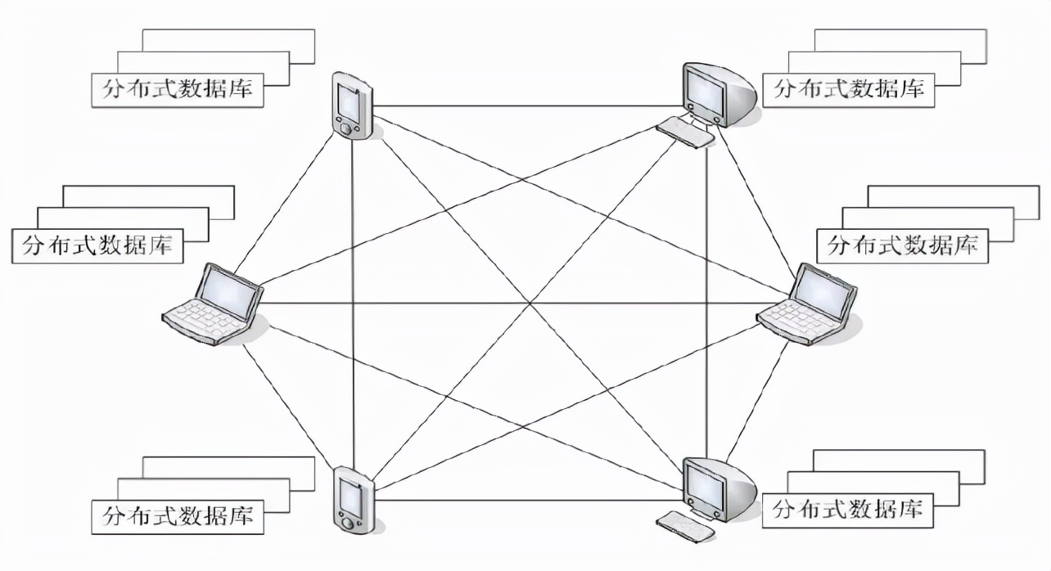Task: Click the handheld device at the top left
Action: point(352,106)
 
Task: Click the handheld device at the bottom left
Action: point(353,499)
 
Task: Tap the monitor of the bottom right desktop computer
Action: point(706,487)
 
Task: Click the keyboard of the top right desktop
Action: point(685,131)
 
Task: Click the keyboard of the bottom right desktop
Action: point(685,526)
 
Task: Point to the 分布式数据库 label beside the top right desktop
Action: point(849,89)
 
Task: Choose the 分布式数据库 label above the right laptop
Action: point(902,245)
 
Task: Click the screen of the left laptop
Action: point(230,287)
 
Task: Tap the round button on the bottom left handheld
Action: point(349,521)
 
